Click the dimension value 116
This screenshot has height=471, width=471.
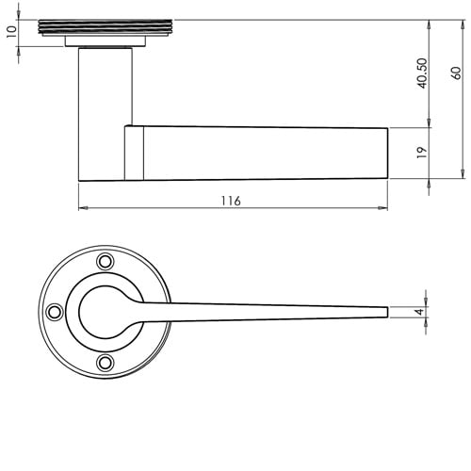click(231, 201)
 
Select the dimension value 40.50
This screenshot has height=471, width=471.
click(421, 73)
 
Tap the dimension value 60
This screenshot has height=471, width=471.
click(455, 73)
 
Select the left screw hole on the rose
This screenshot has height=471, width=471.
click(56, 311)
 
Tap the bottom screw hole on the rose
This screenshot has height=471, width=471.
click(106, 362)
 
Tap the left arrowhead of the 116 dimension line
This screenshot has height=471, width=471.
click(82, 208)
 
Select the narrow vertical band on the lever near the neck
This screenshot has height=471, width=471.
click(134, 154)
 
